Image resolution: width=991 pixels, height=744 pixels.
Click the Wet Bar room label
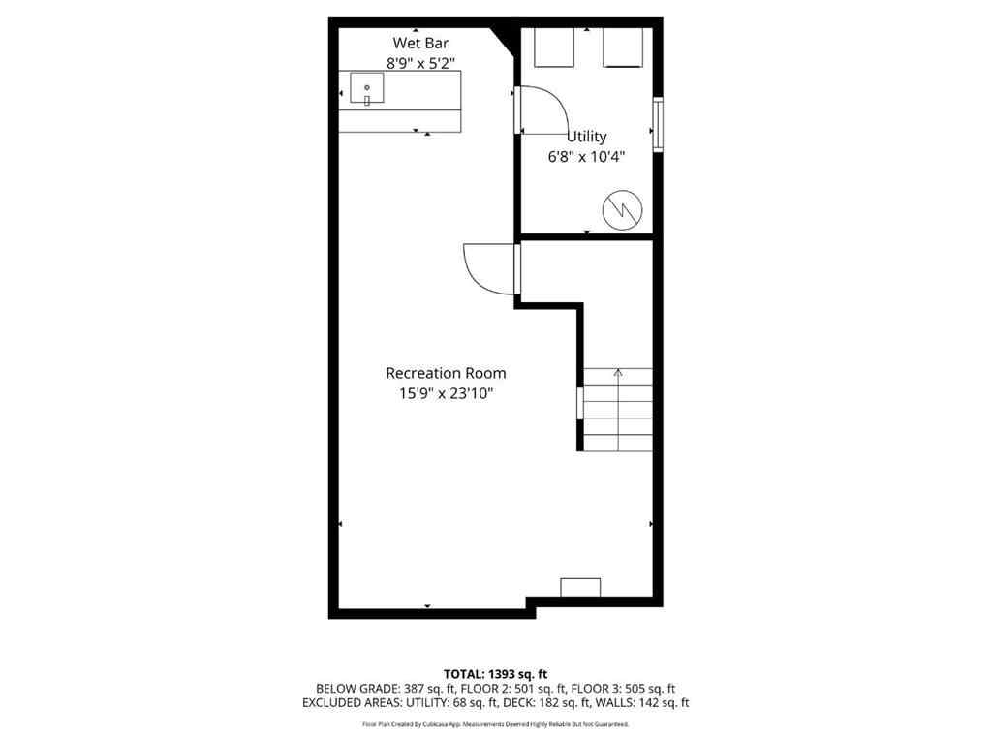click(419, 43)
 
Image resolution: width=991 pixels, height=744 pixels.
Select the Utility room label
click(586, 137)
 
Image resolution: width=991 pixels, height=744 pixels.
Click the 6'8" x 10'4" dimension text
click(586, 155)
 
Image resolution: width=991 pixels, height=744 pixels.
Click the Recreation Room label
click(446, 373)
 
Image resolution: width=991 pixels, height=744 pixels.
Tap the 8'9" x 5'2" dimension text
click(419, 62)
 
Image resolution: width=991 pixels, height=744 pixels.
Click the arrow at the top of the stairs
click(618, 372)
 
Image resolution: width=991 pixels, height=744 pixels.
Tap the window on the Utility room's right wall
click(658, 124)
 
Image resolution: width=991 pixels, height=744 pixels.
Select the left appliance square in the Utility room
click(555, 47)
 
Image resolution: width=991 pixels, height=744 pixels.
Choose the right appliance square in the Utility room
click(623, 47)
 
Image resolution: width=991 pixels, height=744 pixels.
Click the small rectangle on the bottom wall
click(580, 587)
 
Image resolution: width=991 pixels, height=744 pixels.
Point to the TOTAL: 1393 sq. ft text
click(495, 673)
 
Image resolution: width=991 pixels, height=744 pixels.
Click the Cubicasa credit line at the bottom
click(495, 724)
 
